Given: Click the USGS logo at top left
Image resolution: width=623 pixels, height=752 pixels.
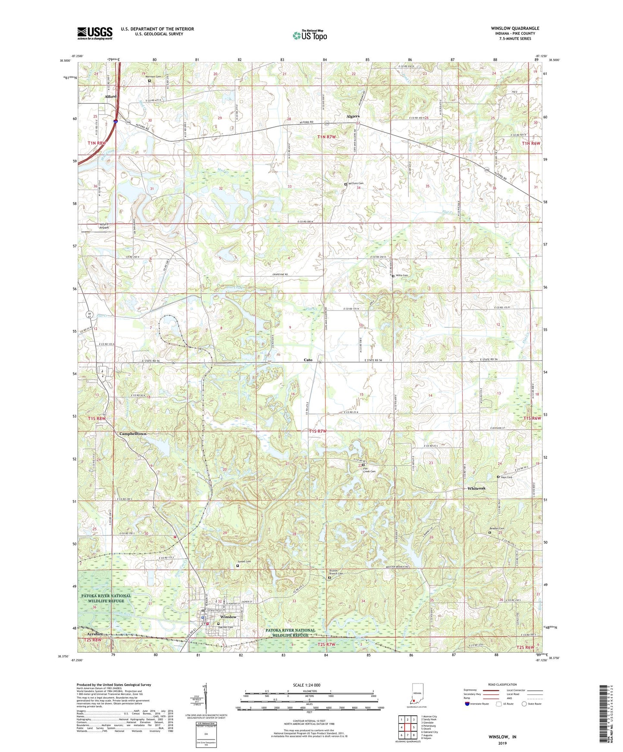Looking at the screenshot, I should (95, 33).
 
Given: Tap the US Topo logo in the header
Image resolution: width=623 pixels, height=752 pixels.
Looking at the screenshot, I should (310, 35).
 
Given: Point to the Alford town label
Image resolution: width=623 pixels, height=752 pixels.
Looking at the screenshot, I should (110, 96).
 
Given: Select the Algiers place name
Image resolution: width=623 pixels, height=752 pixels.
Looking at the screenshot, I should (353, 116).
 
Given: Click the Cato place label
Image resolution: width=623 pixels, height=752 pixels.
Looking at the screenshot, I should (308, 360).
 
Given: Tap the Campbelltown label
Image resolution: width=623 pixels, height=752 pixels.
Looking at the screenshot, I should (132, 434).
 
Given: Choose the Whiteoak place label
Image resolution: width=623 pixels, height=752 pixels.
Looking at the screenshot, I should (476, 488).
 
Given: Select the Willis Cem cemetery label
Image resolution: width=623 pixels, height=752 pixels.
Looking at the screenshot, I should (401, 276).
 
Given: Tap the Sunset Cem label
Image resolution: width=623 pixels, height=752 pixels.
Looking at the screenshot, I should (244, 562).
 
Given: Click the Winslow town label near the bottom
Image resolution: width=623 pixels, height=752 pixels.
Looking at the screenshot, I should (228, 617).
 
